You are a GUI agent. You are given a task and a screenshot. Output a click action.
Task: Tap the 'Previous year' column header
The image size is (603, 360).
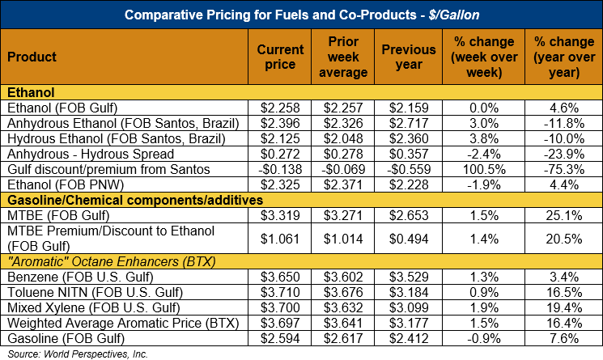[x=409, y=57]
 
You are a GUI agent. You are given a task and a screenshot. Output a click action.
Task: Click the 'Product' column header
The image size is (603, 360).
[x=32, y=57]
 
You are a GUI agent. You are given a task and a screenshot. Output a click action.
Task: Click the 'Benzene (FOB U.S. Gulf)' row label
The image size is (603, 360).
[x=73, y=277]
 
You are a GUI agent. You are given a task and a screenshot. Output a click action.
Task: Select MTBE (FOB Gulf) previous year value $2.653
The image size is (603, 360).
[x=409, y=215]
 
